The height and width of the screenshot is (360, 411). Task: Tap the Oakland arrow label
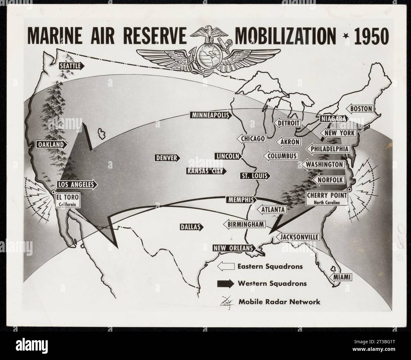click(52, 145)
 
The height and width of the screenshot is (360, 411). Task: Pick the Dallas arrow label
click(191, 227)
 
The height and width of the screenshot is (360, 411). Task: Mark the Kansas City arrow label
click(206, 171)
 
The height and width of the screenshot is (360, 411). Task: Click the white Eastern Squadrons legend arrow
click(225, 266)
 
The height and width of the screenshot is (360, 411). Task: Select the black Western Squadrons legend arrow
click(225, 283)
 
